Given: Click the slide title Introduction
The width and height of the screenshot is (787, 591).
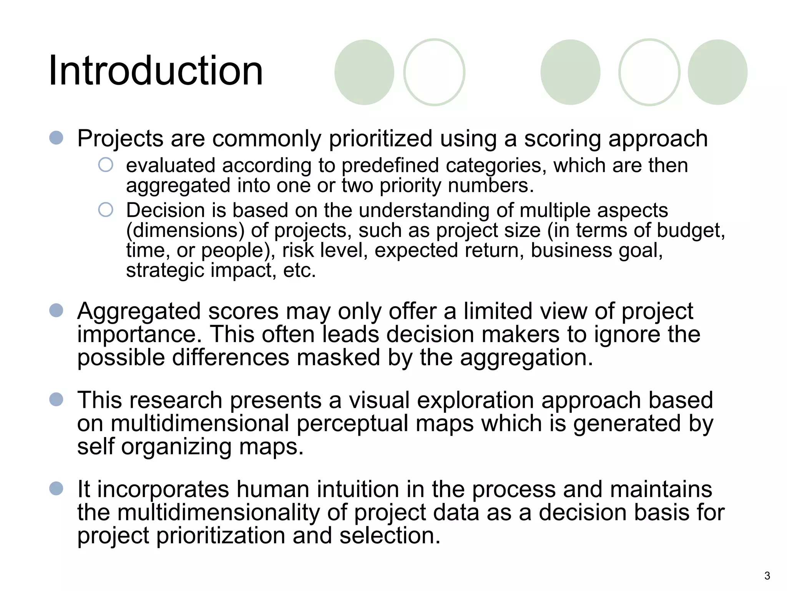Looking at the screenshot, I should pyautogui.click(x=156, y=71).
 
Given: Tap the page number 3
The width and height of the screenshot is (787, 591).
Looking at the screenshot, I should pyautogui.click(x=767, y=576).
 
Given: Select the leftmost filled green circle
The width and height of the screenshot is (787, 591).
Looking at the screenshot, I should pyautogui.click(x=364, y=72).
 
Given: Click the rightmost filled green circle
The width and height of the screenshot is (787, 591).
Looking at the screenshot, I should pyautogui.click(x=717, y=72).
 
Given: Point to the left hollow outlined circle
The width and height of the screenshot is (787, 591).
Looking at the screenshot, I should pyautogui.click(x=434, y=72).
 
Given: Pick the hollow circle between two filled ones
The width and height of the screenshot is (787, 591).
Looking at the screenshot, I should pyautogui.click(x=649, y=72).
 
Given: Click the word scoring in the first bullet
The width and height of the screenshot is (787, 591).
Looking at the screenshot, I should pyautogui.click(x=563, y=139).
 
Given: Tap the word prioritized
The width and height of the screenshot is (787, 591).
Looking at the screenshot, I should pyautogui.click(x=380, y=139).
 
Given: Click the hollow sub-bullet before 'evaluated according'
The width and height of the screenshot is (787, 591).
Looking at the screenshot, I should pyautogui.click(x=106, y=165).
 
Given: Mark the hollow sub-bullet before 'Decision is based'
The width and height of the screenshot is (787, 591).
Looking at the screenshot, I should pyautogui.click(x=106, y=210).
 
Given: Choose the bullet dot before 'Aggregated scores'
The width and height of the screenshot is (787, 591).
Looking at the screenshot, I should pyautogui.click(x=56, y=311).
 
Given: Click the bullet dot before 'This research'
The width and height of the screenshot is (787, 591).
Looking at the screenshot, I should pyautogui.click(x=56, y=399).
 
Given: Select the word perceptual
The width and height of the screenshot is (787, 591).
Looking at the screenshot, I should pyautogui.click(x=352, y=424).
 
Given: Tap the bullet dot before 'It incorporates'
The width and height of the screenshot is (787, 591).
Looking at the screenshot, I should pyautogui.click(x=56, y=489).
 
